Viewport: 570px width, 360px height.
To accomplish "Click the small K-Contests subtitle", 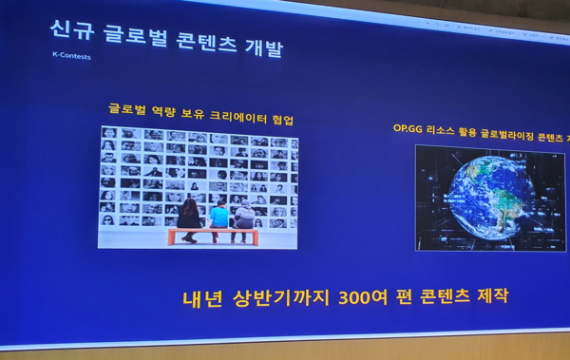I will click(71, 55).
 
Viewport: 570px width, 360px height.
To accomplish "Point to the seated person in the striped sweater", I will click(244, 216).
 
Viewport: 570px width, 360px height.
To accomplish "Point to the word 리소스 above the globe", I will click(445, 130).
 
